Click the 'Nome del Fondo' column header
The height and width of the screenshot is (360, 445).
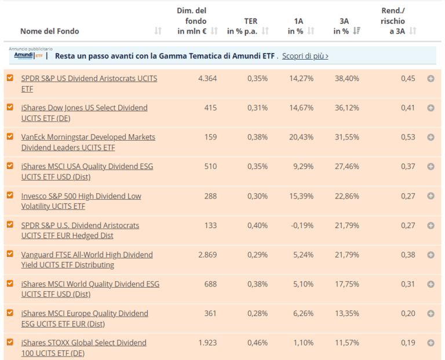pos(49,31)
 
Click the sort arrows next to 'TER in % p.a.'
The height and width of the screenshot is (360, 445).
pos(265,31)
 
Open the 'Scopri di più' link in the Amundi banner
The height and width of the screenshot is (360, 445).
pos(305,56)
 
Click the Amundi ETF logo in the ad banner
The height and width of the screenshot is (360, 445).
pos(28,56)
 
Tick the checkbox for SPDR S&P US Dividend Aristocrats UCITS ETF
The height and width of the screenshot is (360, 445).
pos(10,78)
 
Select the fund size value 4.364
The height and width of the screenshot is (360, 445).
pos(207,78)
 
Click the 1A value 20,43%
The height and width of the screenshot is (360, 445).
pos(301,137)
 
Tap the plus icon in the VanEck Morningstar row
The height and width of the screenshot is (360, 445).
pos(431,137)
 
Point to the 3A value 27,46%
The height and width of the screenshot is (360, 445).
pos(346,167)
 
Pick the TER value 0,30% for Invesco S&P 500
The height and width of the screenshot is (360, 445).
pos(257,196)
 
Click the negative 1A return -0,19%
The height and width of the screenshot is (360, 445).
pos(302,225)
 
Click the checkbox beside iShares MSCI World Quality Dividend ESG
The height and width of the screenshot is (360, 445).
pos(10,284)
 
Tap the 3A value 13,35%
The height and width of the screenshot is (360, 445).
pos(346,314)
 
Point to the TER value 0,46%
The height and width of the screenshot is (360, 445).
pos(257,343)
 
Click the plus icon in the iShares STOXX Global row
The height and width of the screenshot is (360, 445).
pos(431,343)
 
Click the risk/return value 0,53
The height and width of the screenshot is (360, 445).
pos(408,137)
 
